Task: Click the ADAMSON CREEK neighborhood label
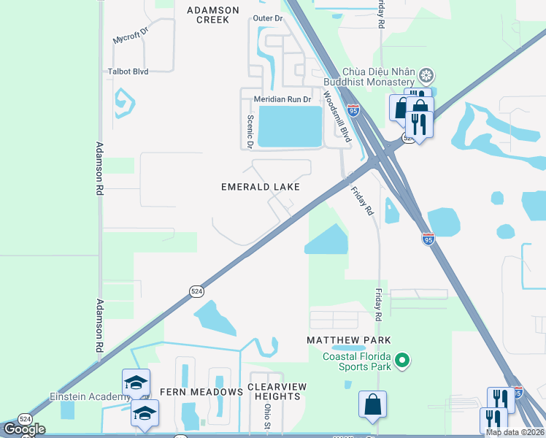click(212, 15)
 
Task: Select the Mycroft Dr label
click(131, 39)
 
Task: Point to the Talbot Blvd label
click(128, 72)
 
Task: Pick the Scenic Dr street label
click(250, 131)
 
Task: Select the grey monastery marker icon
click(427, 74)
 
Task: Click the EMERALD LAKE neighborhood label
click(261, 188)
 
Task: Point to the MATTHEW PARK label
click(349, 340)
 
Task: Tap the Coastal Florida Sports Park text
click(356, 361)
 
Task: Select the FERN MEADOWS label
click(201, 392)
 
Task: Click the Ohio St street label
click(268, 417)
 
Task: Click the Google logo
click(24, 429)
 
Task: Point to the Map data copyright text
click(515, 432)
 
